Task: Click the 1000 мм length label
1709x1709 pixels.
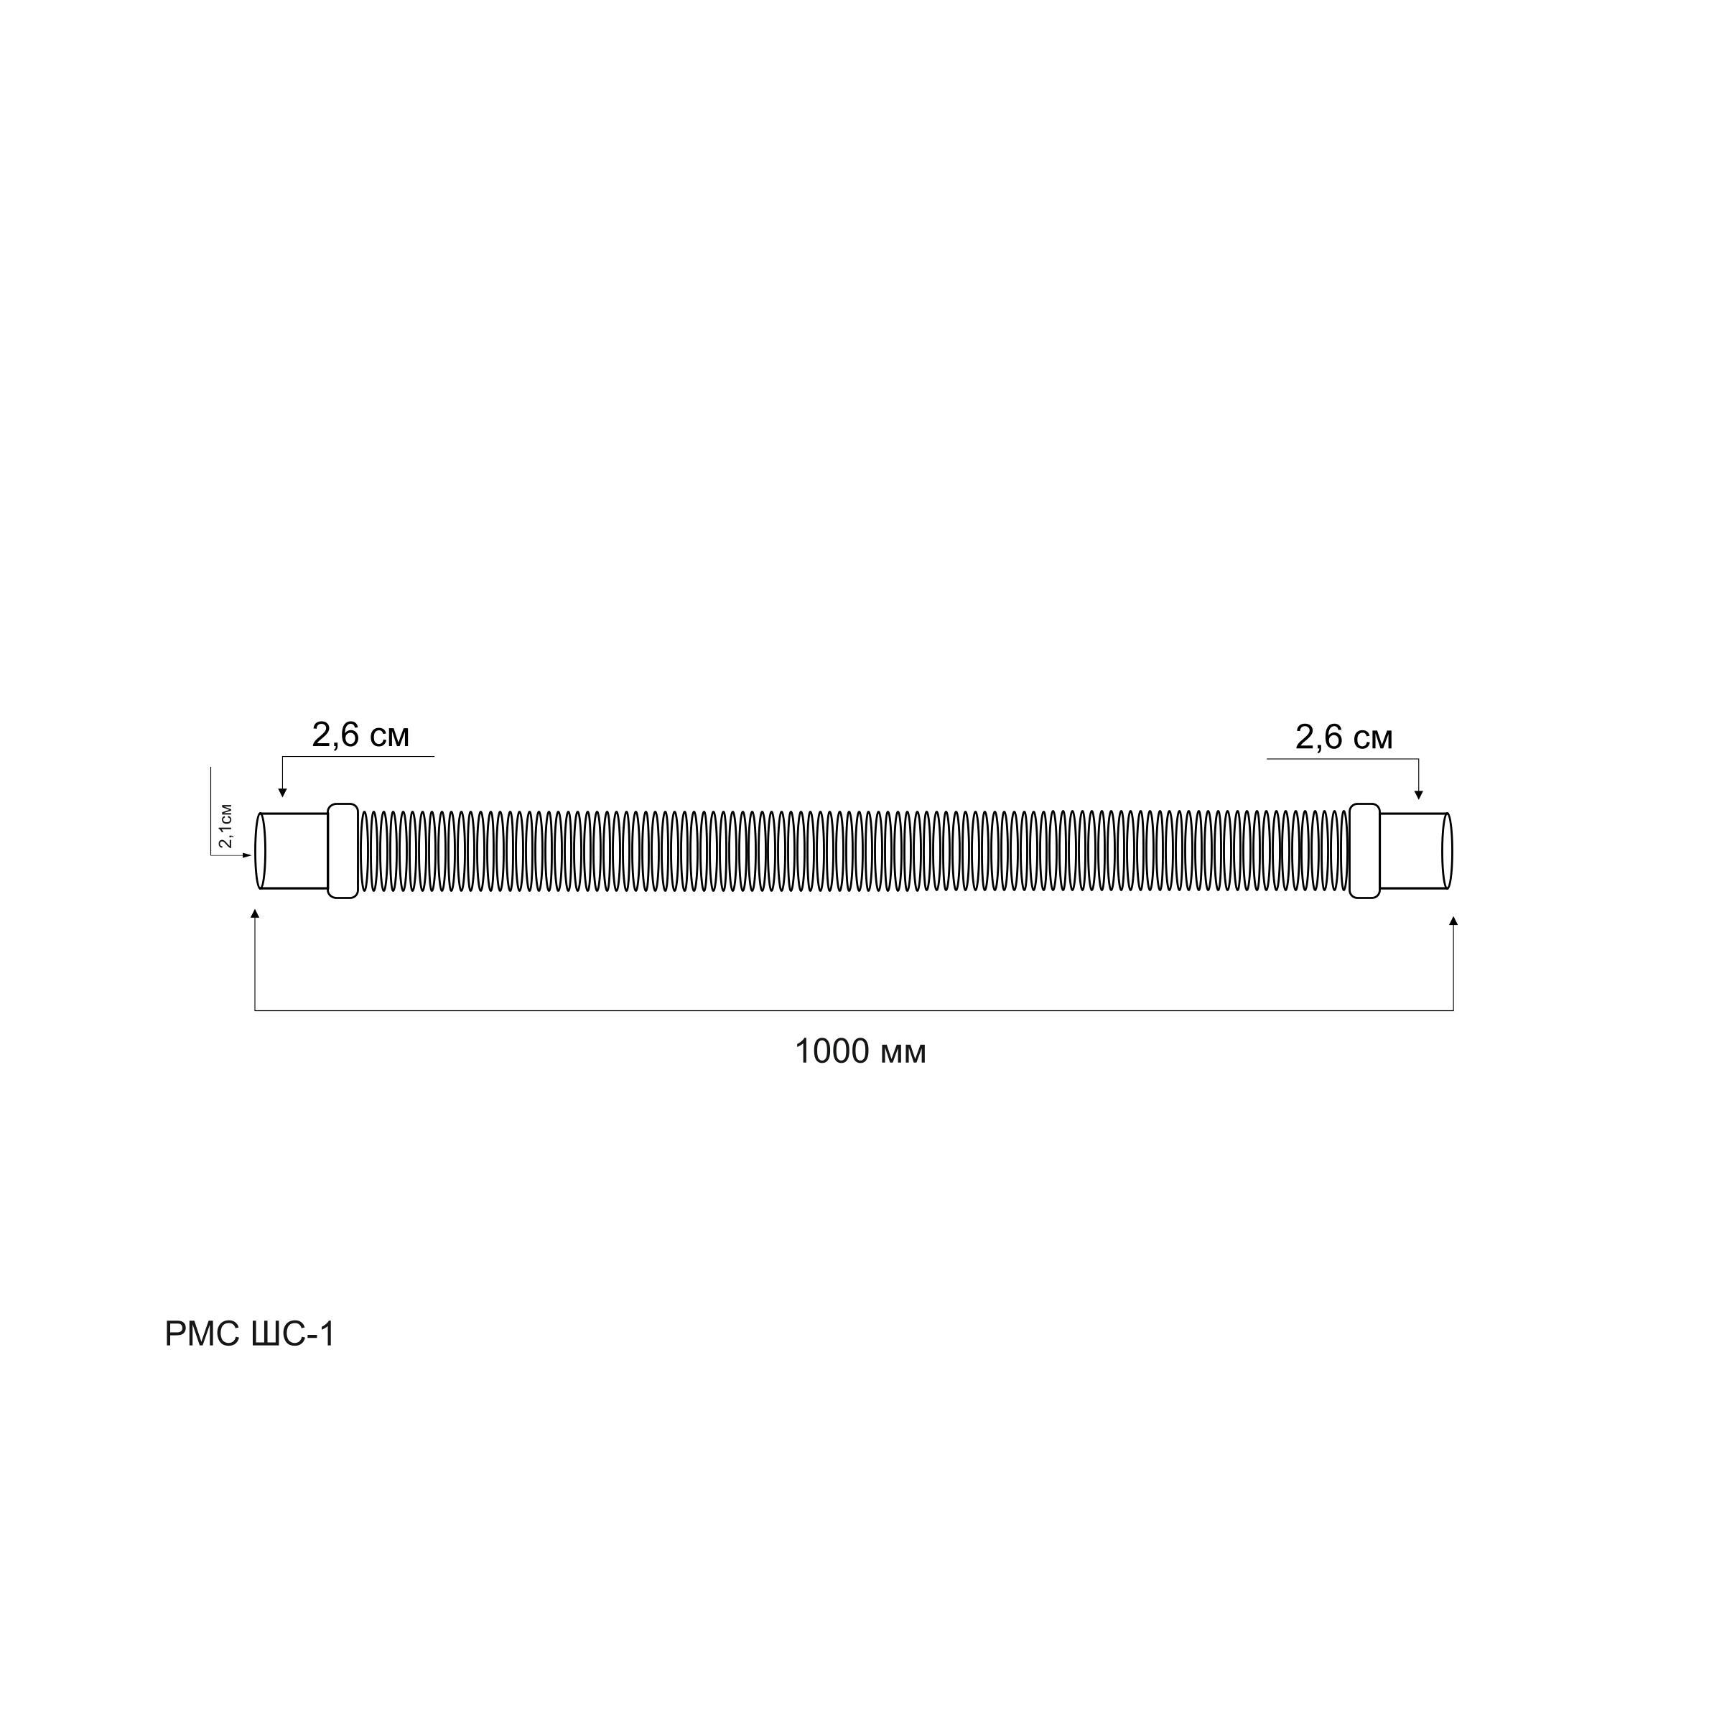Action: point(860,1053)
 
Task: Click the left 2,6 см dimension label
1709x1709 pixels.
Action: point(360,735)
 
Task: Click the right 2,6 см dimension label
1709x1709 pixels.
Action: point(1344,737)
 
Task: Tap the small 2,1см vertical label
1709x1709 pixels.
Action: point(226,825)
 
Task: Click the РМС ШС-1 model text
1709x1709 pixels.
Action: point(251,1334)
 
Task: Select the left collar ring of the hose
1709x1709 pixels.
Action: point(343,851)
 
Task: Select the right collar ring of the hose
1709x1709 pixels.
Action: point(1365,851)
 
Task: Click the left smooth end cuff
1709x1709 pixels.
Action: point(294,851)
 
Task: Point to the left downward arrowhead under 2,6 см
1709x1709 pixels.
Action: point(282,793)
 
